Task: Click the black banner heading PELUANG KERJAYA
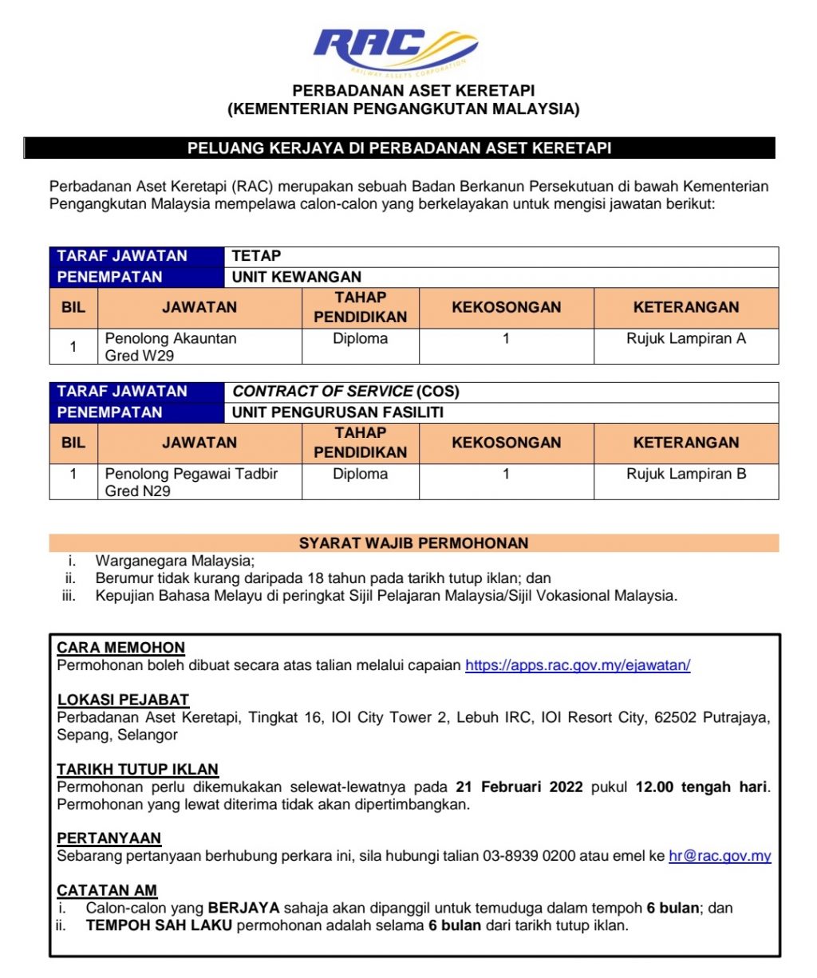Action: pos(399,148)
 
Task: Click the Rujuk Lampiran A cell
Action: pos(685,339)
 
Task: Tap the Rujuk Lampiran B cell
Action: pos(686,474)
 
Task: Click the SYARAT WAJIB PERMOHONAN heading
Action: pos(413,543)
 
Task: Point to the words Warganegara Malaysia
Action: pos(175,561)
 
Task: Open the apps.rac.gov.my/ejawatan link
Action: pos(578,665)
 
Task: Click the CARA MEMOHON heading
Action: pos(121,648)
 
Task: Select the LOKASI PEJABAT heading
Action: pos(123,700)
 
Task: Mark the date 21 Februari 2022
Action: pos(519,787)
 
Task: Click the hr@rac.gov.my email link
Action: pos(720,856)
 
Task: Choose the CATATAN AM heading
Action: pos(107,890)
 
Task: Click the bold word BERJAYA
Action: pos(243,908)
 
